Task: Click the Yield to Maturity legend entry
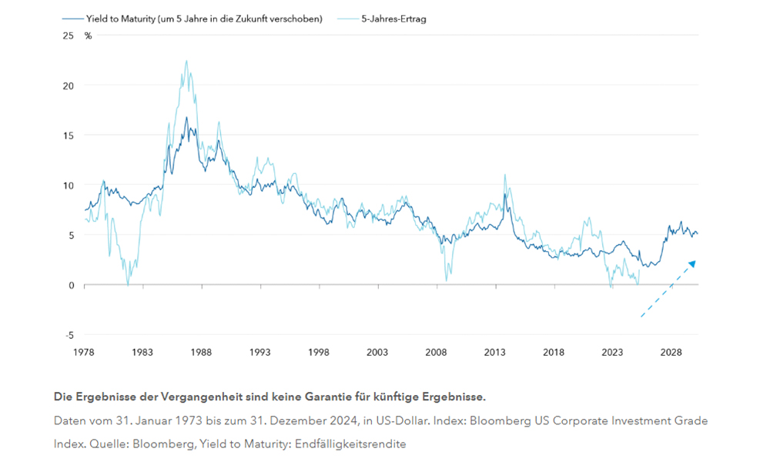click(203, 18)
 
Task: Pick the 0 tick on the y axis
click(72, 285)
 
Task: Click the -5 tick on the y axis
click(69, 335)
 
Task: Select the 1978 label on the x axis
click(84, 352)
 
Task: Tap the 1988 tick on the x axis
click(202, 352)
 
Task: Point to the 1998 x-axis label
click(319, 352)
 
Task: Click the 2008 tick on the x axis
click(437, 352)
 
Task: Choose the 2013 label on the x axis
click(495, 352)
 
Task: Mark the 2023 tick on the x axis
click(613, 352)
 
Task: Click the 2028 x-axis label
click(671, 352)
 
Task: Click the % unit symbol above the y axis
click(89, 35)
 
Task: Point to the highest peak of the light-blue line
click(186, 61)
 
